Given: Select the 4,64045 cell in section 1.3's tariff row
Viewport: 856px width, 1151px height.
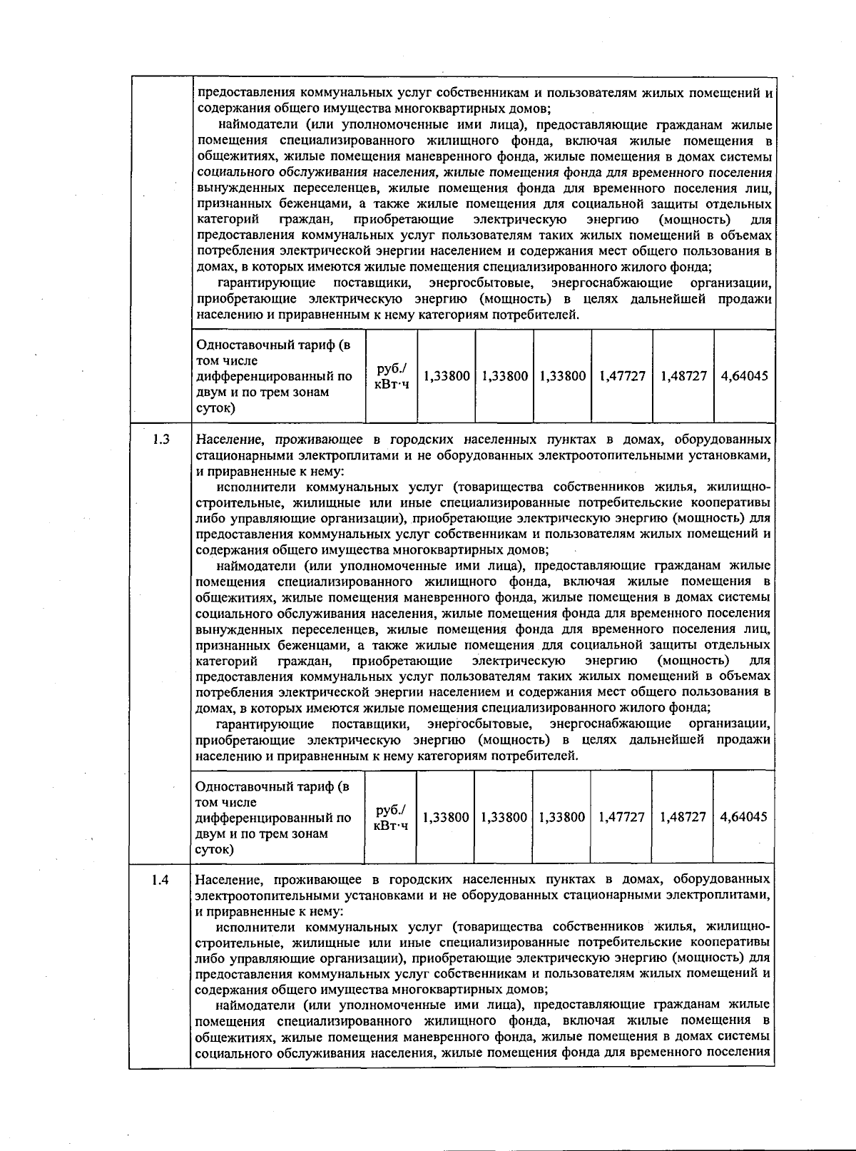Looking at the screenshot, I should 743,816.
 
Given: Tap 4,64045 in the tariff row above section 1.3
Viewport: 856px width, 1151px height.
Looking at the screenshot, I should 744,375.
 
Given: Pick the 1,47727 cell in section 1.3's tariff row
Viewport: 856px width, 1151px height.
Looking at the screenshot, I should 621,816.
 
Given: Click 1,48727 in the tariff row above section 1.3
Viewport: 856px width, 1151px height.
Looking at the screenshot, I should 683,375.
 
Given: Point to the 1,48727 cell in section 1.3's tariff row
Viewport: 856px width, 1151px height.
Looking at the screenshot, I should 682,816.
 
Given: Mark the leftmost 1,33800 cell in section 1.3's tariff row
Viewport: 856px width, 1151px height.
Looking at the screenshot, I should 446,816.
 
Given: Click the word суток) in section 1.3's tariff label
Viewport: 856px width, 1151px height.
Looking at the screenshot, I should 215,849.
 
